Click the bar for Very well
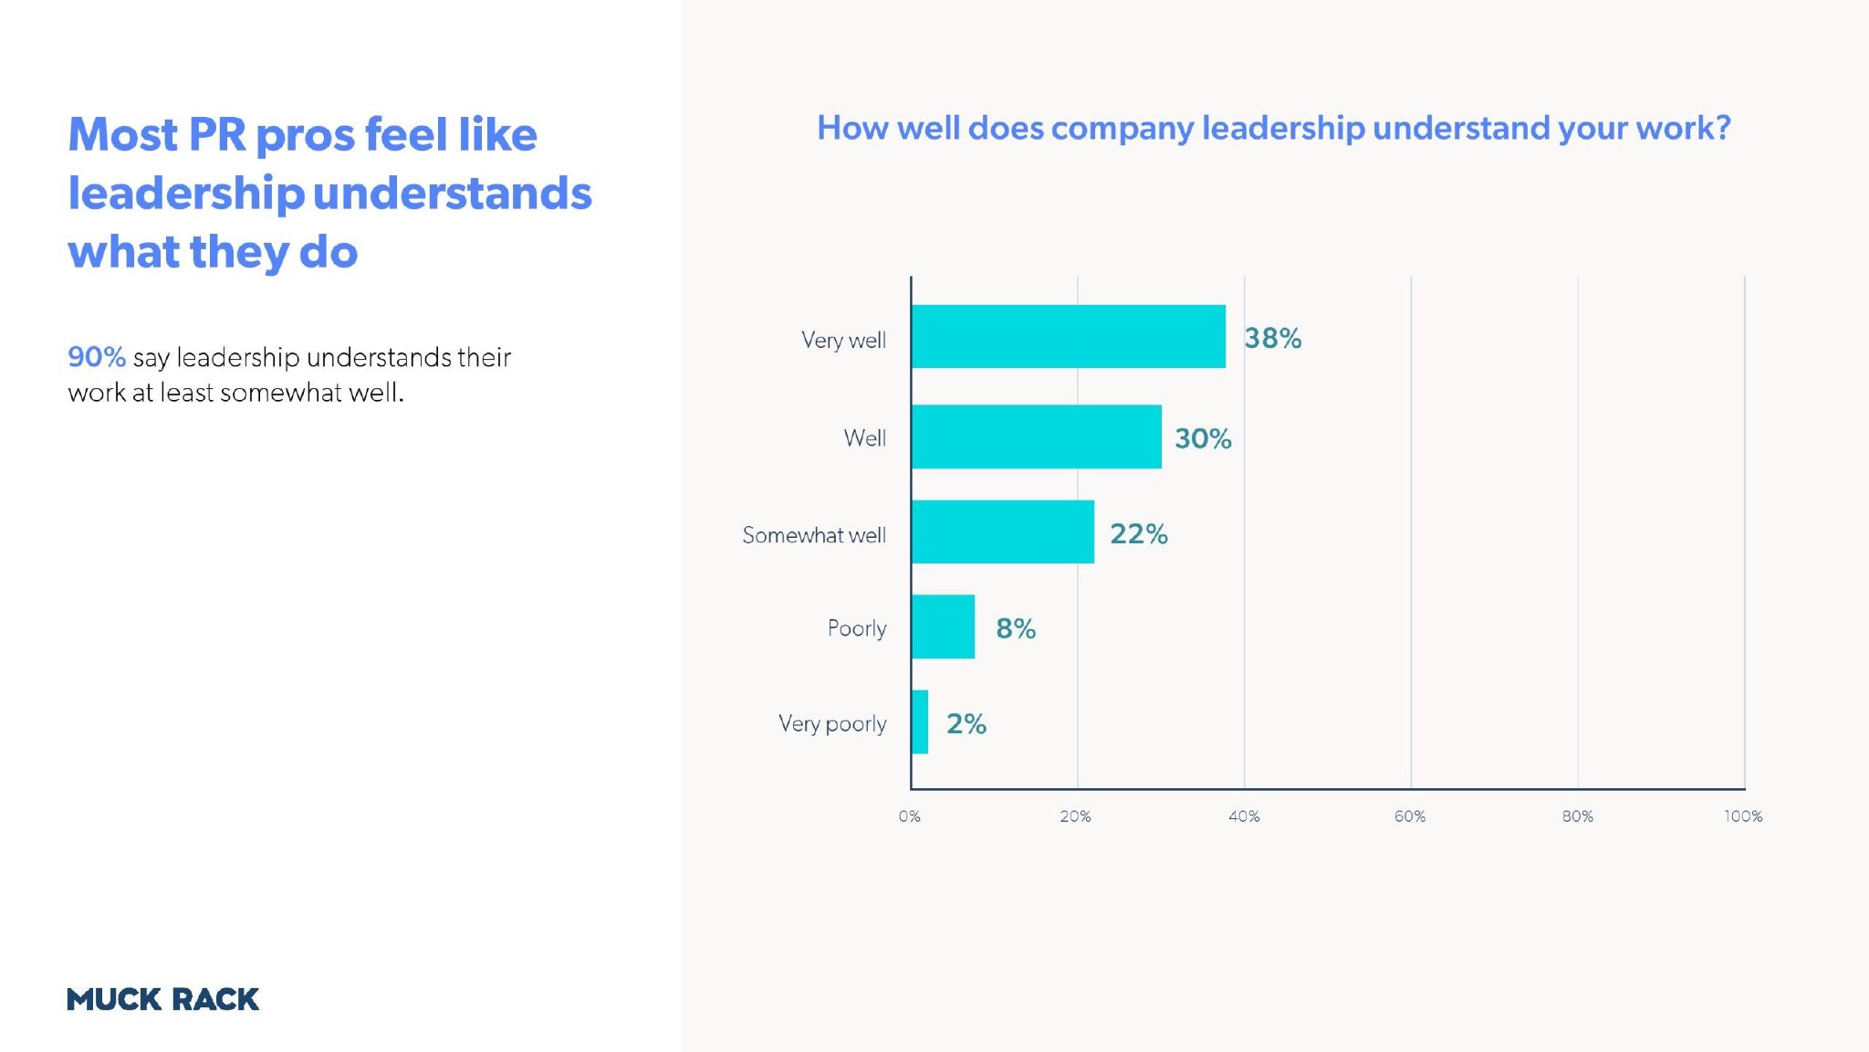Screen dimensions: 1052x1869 point(1068,337)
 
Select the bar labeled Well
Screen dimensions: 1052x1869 point(1036,437)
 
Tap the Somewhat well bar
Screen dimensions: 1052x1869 point(1002,532)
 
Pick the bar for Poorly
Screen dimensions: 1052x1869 point(943,627)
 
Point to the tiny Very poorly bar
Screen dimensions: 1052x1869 point(920,722)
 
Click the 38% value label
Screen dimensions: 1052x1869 point(1272,339)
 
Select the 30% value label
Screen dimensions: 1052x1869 point(1203,439)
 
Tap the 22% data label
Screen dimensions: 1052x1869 point(1138,534)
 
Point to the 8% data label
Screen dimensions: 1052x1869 point(1015,629)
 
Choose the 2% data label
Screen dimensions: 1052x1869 point(966,724)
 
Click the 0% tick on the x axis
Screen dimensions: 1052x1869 point(909,816)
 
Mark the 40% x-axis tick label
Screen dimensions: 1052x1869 point(1243,816)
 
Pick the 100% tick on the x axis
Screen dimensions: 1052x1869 point(1742,816)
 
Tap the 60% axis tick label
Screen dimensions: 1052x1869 point(1409,816)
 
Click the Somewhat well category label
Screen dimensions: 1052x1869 point(813,535)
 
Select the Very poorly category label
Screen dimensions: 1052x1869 point(831,724)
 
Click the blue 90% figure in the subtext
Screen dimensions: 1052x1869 point(97,357)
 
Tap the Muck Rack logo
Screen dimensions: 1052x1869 point(162,999)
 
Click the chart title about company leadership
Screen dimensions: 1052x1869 point(1273,128)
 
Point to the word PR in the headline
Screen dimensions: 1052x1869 point(217,135)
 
